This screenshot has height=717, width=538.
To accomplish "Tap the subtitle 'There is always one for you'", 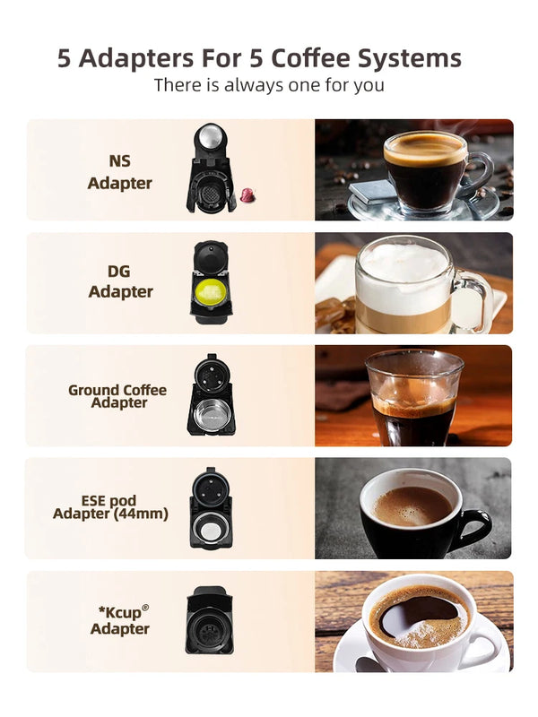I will tap(269, 85).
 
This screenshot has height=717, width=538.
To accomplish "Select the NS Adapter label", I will tap(119, 172).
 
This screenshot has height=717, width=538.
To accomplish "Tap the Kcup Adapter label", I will tap(120, 619).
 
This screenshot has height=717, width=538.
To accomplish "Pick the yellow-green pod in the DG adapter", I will tap(211, 291).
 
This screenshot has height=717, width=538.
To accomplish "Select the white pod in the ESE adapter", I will tap(210, 531).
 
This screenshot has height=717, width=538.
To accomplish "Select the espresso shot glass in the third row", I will tap(412, 396).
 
